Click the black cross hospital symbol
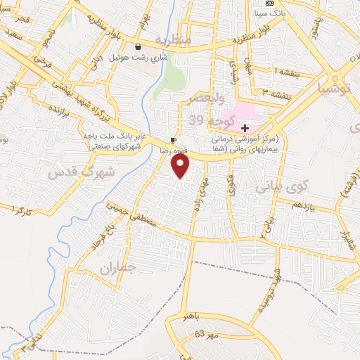pyautogui.click(x=245, y=128)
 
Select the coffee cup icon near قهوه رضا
pyautogui.click(x=173, y=141)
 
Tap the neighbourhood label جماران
pyautogui.click(x=115, y=268)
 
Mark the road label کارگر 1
pyautogui.click(x=17, y=209)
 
